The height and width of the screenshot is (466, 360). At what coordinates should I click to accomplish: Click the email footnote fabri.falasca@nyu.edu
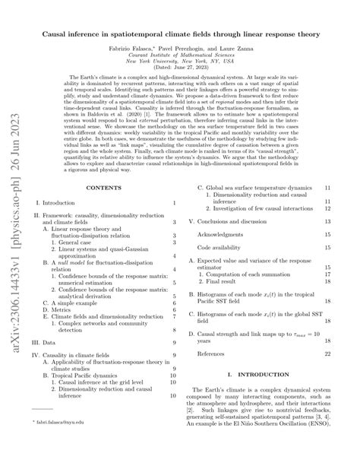tap(58, 442)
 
